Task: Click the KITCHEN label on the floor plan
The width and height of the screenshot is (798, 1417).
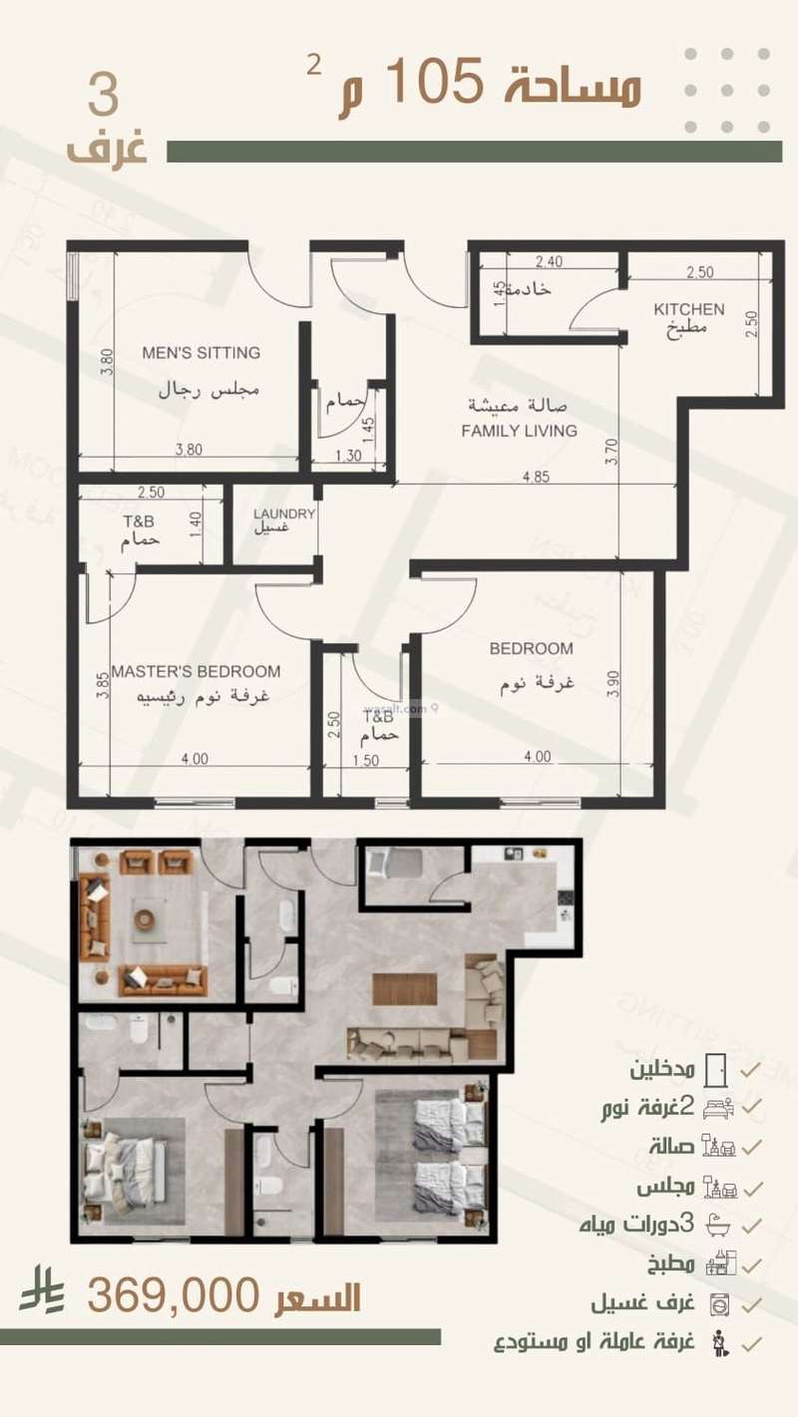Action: tap(688, 309)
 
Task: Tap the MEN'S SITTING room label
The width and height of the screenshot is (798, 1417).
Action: tap(200, 352)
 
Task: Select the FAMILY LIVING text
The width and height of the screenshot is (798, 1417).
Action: tap(519, 431)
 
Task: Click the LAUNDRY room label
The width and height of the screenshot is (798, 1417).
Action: tap(284, 514)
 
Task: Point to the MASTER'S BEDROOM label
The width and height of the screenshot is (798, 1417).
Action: tap(196, 671)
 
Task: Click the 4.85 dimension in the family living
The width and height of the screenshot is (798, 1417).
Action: tap(536, 477)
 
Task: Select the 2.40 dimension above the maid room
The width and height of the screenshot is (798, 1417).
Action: tap(549, 262)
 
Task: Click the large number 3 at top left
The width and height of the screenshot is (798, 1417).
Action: tap(103, 98)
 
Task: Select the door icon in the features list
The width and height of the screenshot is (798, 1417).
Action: tap(716, 1070)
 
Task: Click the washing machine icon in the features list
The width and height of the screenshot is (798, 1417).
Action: tap(717, 1304)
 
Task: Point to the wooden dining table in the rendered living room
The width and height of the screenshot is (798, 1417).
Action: tap(404, 988)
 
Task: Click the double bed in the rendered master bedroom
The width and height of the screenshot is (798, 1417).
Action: tap(120, 1168)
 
